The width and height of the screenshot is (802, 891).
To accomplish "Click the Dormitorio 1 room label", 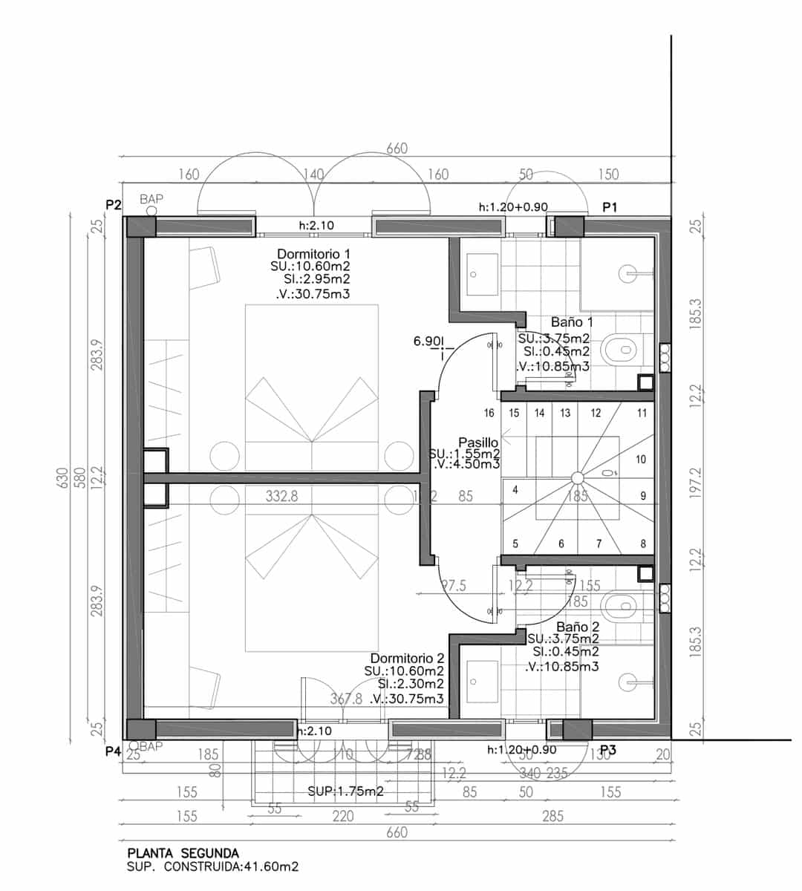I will tap(313, 253).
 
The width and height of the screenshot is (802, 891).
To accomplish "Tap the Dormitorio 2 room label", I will tap(407, 659).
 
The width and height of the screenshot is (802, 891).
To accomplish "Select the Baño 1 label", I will tap(572, 322).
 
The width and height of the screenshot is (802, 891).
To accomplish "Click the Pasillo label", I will tap(478, 443).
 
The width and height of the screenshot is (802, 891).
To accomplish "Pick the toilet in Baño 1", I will tap(620, 349).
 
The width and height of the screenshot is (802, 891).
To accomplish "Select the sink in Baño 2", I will tap(473, 681).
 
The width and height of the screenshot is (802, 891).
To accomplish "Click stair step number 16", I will tap(489, 413).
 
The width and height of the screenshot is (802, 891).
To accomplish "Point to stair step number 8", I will tap(643, 544).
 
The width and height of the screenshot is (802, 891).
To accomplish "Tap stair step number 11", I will tap(642, 413).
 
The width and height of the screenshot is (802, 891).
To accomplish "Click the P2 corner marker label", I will tap(113, 205).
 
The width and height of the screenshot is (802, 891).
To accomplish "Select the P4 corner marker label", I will tap(113, 751).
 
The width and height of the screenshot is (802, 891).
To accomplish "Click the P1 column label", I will tap(610, 208).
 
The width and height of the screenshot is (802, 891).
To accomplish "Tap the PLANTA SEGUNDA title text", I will tap(183, 853).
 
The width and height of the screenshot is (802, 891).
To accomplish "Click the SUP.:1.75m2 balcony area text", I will tap(345, 792).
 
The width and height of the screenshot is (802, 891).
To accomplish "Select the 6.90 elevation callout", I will tap(428, 342).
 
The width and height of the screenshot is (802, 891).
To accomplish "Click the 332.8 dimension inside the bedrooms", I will tap(281, 497).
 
